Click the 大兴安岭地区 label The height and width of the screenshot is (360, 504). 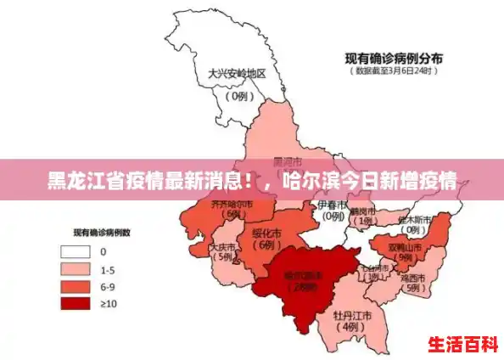(237, 73)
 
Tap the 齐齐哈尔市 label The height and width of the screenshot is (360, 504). (232, 205)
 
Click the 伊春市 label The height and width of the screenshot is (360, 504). (332, 205)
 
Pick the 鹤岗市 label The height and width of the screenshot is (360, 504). (364, 210)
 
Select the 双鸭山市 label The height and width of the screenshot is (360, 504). (405, 247)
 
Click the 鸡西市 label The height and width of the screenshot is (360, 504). (413, 277)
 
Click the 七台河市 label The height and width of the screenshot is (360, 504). (372, 269)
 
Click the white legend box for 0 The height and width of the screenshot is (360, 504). (76, 251)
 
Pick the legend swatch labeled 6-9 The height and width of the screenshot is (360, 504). (76, 285)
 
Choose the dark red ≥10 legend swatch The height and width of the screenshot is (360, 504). (76, 302)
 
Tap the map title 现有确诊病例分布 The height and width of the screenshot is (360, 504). (393, 59)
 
